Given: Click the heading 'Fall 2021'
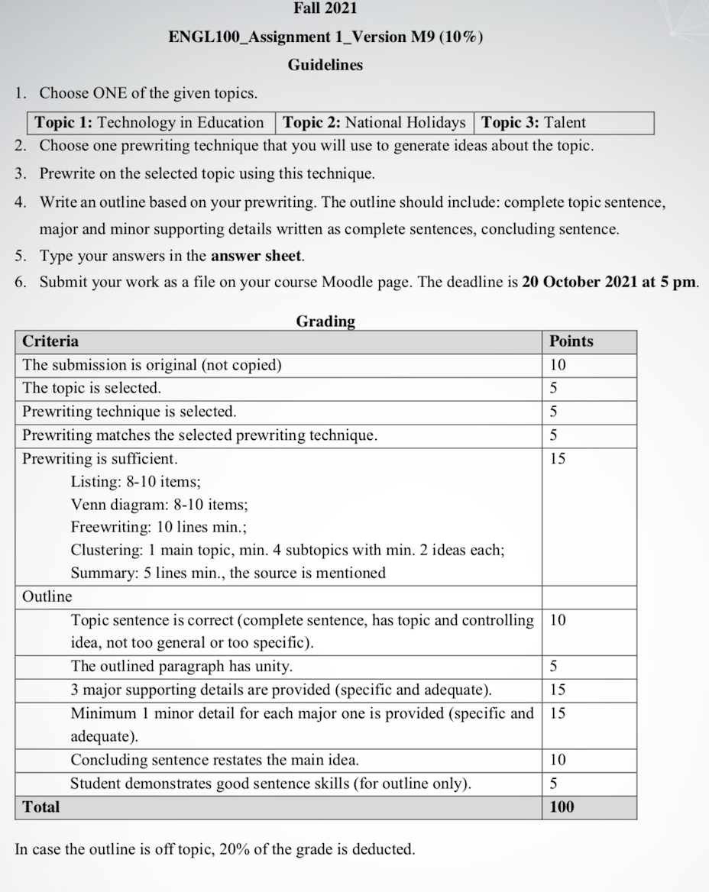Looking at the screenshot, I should point(325,8).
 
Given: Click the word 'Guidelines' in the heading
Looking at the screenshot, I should point(325,65).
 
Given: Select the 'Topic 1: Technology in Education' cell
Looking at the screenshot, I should point(150,122).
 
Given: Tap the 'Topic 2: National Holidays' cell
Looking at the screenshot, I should point(374,122).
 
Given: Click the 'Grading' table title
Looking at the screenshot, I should point(325,322).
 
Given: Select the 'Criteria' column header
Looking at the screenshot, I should point(50,341).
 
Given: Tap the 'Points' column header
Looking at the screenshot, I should point(571,341).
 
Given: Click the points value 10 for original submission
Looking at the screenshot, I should point(558,365).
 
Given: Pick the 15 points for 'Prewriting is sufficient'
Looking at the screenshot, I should point(558,458).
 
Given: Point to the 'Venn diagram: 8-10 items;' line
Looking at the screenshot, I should point(159,505).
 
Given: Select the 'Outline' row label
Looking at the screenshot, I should point(47,596).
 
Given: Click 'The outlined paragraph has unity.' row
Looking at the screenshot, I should point(182,667).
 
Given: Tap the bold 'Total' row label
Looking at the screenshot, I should point(41,806).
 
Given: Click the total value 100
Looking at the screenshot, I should point(562,806).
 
